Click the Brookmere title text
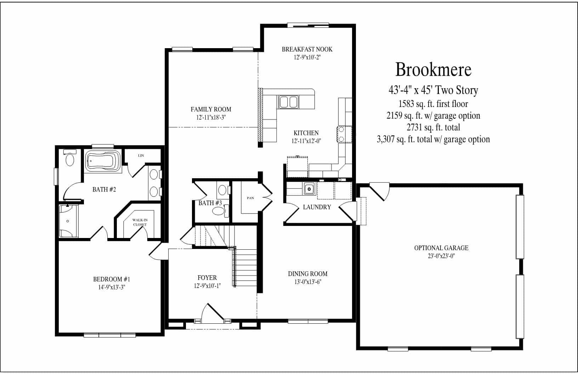[x=433, y=70]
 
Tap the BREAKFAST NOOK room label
[x=307, y=50]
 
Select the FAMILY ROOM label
[x=211, y=110]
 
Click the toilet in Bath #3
[x=219, y=212]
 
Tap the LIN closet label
[x=141, y=155]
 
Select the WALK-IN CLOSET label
[x=140, y=222]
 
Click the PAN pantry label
[x=250, y=198]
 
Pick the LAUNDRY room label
[x=317, y=207]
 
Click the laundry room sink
[x=309, y=189]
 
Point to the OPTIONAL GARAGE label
[x=441, y=248]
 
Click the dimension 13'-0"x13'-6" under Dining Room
[x=307, y=282]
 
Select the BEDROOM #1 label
[x=112, y=279]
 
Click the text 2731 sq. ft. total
[x=433, y=127]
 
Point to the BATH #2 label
[x=104, y=189]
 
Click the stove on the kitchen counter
[x=344, y=134]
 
